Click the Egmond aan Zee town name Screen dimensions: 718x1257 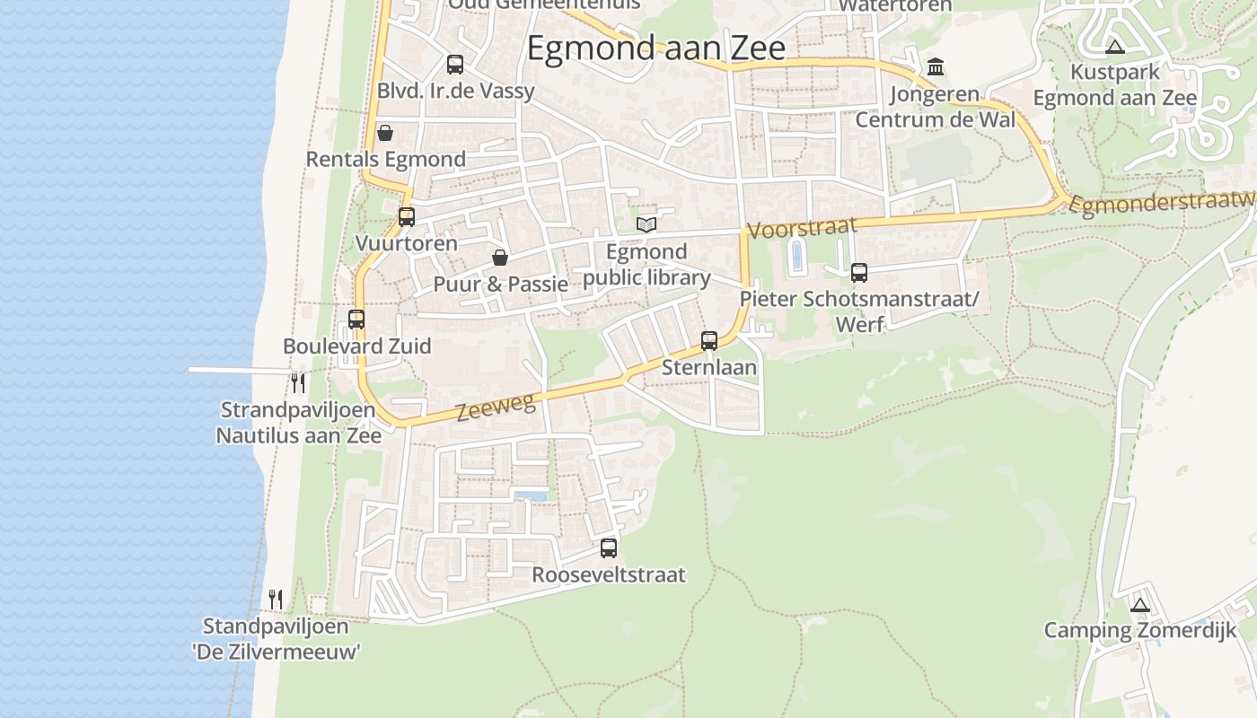coord(655,48)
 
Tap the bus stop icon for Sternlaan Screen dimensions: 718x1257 coord(709,340)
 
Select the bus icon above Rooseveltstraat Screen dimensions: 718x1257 coord(609,547)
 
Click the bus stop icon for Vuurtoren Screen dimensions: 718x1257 coord(407,216)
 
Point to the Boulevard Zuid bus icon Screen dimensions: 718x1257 coord(356,319)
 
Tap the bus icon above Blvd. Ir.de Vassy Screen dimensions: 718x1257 coord(455,65)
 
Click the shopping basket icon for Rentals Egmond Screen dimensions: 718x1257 coord(385,133)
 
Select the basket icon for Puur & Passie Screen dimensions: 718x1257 coord(500,258)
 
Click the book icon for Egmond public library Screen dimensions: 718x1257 coord(646,224)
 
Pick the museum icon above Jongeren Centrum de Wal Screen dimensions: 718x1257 coord(936,66)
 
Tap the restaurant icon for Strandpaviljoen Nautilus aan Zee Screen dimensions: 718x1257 coord(298,383)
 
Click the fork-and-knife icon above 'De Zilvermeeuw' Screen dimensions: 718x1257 coord(277,599)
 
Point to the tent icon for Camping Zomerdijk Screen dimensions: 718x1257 coord(1140,605)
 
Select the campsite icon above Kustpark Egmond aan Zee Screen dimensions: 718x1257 coord(1115,47)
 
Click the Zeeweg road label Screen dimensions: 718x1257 coord(496,408)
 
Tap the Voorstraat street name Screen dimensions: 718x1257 coord(802,228)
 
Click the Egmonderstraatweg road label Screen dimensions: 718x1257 coord(1164,205)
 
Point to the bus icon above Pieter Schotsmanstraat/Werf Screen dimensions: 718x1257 coord(859,273)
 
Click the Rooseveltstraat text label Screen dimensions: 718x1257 coord(609,574)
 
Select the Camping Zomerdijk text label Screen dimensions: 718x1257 coord(1139,630)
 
